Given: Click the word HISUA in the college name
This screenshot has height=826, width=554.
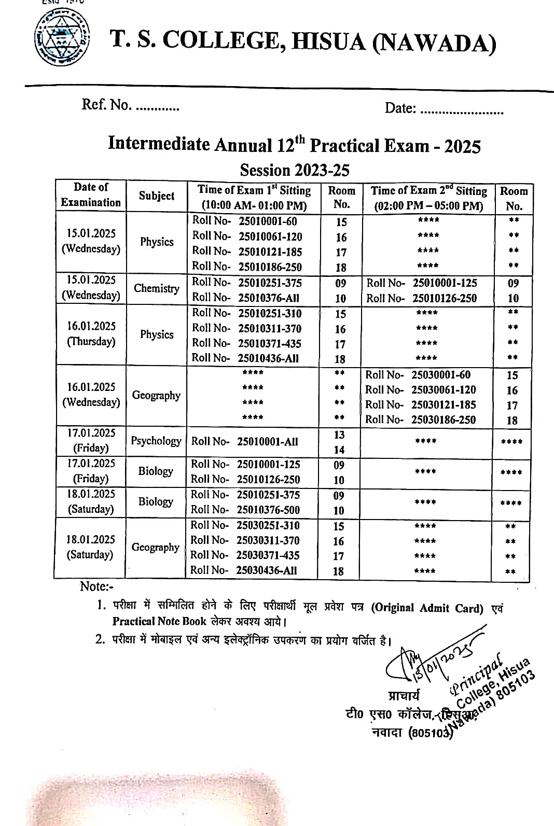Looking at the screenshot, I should [x=328, y=41].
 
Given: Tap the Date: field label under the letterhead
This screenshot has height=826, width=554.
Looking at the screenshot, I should [x=400, y=108].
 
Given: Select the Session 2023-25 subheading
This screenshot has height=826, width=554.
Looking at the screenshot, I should [x=294, y=170].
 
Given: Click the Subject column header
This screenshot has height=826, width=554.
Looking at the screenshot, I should [x=156, y=196].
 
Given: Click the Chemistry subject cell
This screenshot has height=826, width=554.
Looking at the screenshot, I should [x=156, y=288].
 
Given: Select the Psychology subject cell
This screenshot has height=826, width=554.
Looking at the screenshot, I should [x=156, y=441].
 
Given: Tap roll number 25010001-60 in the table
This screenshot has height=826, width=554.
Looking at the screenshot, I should [x=268, y=221].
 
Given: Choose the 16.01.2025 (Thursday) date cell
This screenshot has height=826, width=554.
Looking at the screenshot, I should [x=91, y=333].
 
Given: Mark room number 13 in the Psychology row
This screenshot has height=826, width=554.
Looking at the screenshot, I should [x=339, y=435].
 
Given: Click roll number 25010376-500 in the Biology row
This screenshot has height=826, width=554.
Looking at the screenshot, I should [x=268, y=510].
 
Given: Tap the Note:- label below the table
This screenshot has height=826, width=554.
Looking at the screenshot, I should [x=96, y=586].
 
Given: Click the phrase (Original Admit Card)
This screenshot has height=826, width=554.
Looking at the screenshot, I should [x=427, y=608].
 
